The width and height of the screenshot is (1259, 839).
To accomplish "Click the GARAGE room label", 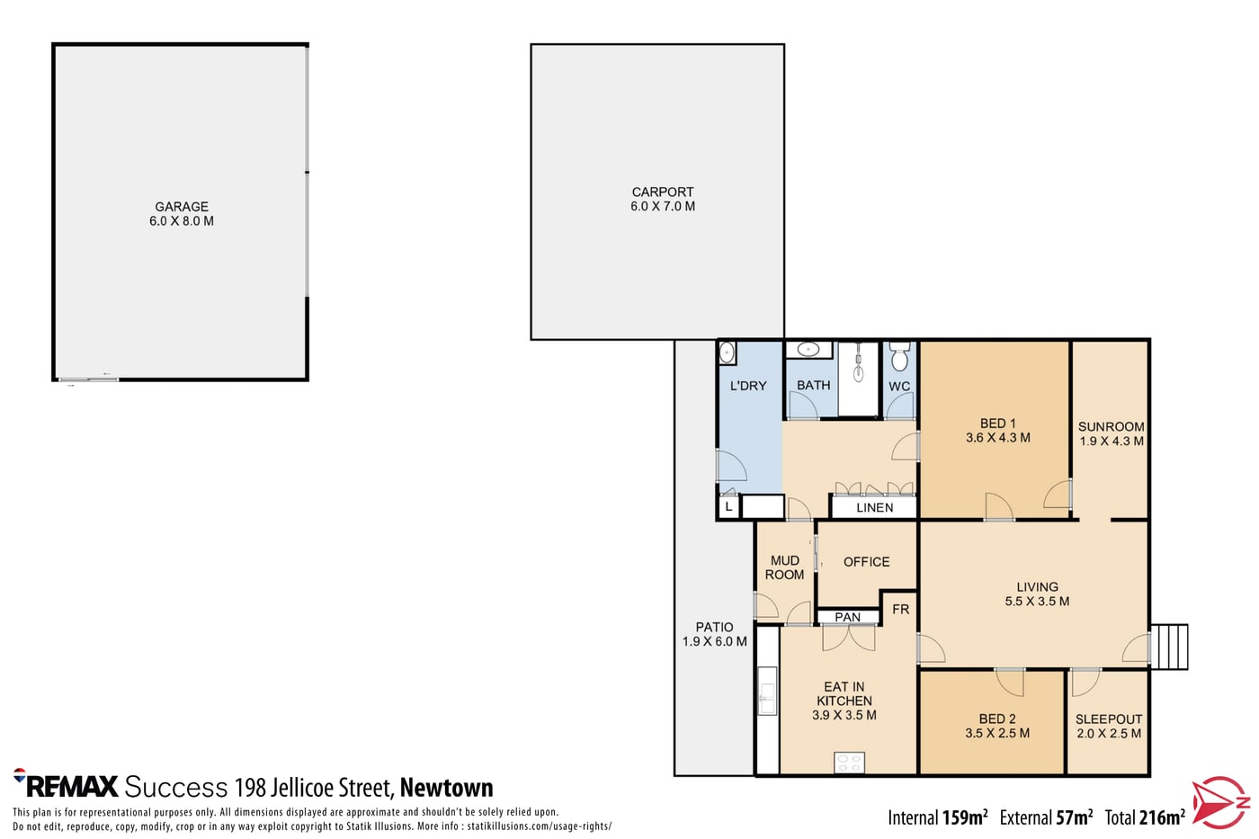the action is click(182, 206).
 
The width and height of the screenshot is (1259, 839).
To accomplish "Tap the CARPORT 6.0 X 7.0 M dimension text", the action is click(663, 206).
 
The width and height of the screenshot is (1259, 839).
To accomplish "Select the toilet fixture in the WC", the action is click(900, 356).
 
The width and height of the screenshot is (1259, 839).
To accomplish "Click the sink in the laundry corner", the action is click(727, 353).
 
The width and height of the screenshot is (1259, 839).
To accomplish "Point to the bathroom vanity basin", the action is click(808, 349).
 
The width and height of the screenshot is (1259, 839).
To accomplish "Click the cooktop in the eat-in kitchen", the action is click(849, 763).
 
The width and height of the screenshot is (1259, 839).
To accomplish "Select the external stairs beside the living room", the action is click(1169, 647).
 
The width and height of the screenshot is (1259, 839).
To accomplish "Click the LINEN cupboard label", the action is click(874, 507).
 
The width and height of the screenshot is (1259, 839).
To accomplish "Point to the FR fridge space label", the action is click(900, 609).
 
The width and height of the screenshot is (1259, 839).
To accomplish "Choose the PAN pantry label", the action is click(847, 617).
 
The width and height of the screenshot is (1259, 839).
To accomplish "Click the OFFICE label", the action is click(866, 561).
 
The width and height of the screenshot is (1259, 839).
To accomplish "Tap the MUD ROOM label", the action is click(784, 567).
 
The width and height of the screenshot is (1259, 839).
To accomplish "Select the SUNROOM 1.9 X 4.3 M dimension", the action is click(1112, 442).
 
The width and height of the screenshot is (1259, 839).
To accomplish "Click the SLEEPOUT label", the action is click(1108, 719).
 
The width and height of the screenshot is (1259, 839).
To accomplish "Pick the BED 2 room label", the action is click(997, 719).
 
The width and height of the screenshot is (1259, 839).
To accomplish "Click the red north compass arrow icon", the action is click(1220, 802).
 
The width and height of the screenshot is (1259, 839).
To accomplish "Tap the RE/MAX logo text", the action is click(66, 785).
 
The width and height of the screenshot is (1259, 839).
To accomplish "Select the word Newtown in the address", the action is click(446, 788).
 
